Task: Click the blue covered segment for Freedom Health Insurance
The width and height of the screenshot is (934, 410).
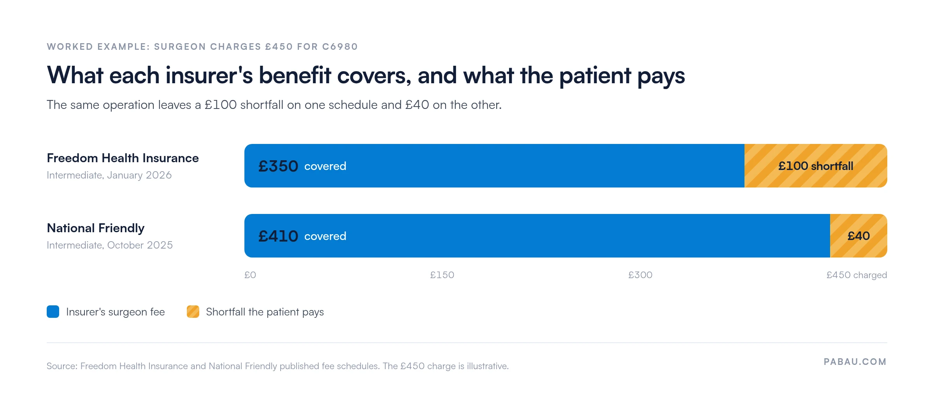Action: (494, 166)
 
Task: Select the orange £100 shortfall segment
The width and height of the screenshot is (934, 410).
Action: (816, 166)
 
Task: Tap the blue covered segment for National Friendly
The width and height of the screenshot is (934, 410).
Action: (537, 236)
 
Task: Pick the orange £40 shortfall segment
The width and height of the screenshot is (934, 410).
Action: (859, 236)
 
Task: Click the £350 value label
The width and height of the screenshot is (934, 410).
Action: (278, 166)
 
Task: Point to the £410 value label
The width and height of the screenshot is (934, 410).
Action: (278, 236)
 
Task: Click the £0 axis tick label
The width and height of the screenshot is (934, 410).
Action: (250, 275)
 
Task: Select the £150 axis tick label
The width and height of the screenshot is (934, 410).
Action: (442, 275)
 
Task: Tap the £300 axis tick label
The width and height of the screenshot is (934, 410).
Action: (640, 275)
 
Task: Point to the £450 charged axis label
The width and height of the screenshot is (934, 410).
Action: (857, 275)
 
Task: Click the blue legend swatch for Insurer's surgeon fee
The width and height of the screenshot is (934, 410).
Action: (53, 312)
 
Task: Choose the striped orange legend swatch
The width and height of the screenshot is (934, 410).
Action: (193, 312)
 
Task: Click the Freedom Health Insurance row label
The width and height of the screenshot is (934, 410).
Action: (123, 158)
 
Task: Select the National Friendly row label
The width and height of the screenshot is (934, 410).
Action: (95, 228)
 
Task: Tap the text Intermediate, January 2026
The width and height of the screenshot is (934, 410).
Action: (109, 175)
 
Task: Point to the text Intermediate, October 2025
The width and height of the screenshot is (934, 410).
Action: (110, 245)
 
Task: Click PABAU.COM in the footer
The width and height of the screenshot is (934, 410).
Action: (855, 362)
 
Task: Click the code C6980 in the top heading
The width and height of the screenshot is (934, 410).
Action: (340, 47)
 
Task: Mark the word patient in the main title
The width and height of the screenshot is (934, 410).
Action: (595, 75)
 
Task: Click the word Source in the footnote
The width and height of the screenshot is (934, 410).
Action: (61, 366)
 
